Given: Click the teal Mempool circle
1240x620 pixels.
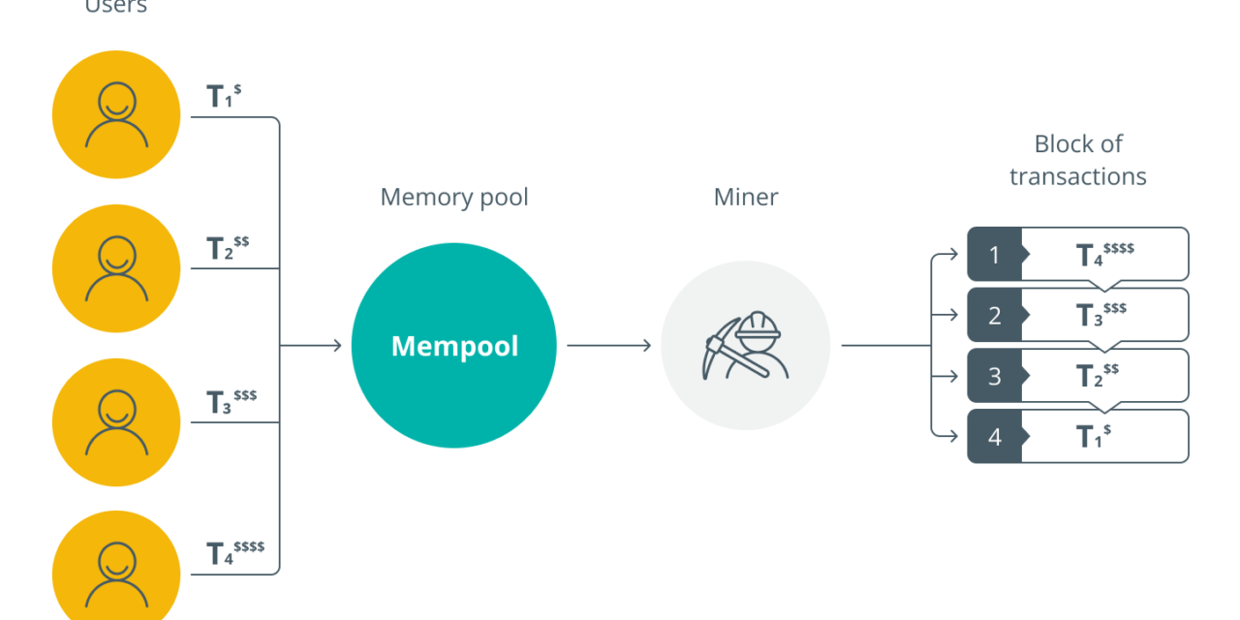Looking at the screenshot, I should click(453, 346).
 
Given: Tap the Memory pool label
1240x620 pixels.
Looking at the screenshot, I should click(454, 198).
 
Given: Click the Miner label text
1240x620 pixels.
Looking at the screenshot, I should click(746, 198).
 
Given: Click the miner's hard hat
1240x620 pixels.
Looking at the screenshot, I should click(758, 325).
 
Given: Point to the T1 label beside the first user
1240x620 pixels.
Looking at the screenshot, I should click(224, 96).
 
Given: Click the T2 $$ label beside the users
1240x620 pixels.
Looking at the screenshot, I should click(228, 248).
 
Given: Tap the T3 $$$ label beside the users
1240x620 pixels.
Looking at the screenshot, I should click(231, 401).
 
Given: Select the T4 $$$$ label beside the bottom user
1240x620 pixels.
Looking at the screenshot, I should click(235, 552).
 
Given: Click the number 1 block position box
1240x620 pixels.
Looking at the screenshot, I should click(995, 255).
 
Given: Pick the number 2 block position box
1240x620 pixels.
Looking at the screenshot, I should click(995, 316).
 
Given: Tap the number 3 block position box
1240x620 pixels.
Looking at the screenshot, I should click(995, 376).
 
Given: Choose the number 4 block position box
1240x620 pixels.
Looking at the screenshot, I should click(995, 436).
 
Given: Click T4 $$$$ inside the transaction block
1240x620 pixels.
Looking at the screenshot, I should click(1104, 255).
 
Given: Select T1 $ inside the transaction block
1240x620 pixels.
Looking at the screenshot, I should click(1093, 436).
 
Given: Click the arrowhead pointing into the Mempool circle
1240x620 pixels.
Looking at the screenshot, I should click(337, 346).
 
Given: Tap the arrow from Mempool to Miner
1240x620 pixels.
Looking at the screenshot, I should click(608, 346).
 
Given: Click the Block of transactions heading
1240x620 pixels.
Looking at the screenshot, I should click(1077, 160).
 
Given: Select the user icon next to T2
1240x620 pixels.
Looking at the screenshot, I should click(116, 268).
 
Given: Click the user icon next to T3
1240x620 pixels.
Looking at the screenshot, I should click(116, 422).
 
